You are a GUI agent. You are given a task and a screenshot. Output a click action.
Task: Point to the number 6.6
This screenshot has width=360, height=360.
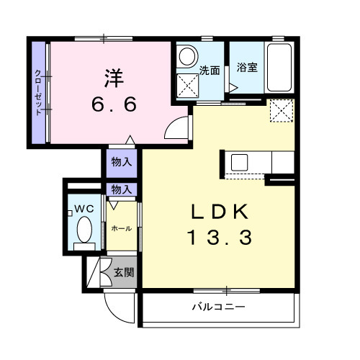click(114, 106)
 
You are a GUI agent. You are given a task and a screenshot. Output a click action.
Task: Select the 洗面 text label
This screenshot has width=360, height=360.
click(210, 70)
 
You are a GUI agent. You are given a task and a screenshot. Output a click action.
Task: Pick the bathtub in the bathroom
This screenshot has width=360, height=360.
click(279, 68)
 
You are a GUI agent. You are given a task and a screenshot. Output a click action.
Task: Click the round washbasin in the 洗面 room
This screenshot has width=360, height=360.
click(188, 57)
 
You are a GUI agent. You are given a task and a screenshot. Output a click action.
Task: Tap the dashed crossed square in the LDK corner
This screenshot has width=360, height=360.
click(282, 112)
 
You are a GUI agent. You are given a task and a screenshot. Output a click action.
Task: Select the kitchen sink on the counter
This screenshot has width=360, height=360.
click(239, 162)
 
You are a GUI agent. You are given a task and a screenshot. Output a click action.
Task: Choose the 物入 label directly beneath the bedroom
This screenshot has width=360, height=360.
click(121, 162)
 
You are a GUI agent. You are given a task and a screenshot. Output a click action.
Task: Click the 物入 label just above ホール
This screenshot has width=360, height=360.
click(121, 189)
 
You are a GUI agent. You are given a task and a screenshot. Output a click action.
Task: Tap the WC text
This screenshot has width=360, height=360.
click(84, 209)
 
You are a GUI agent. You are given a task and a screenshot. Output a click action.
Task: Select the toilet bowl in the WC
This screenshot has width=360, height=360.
click(84, 233)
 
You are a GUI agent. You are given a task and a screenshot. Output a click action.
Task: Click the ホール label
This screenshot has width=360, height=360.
click(121, 228)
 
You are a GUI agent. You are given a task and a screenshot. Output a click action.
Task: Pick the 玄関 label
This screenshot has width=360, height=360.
click(123, 272)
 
